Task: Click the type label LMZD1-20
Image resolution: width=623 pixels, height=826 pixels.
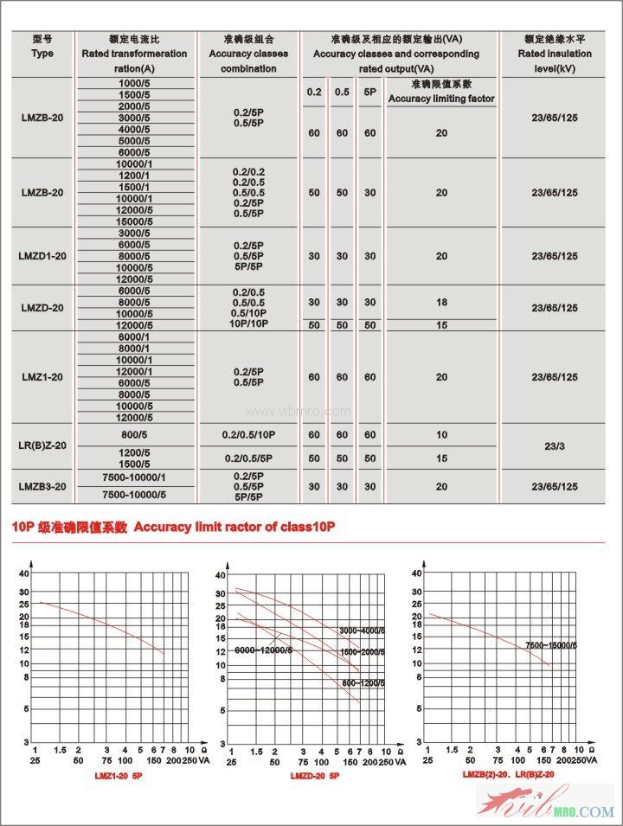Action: [x=42, y=256]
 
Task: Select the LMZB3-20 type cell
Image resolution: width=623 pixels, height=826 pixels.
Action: [x=42, y=487]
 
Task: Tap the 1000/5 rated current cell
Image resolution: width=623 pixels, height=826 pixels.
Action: [x=134, y=83]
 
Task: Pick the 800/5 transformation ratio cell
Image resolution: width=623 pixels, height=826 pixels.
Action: [x=134, y=435]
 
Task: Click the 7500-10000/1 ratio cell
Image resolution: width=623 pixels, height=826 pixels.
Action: [x=134, y=477]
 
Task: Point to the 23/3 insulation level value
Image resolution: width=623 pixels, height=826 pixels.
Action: [x=555, y=446]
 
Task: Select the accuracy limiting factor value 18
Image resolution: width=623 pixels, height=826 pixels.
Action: [x=441, y=303]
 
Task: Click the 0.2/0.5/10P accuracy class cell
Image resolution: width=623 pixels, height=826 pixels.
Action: [x=248, y=435]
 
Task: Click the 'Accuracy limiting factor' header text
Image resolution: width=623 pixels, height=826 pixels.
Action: [x=441, y=99]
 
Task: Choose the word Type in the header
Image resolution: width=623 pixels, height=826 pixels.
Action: [x=42, y=54]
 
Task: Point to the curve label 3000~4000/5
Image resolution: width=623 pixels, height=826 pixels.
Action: [x=362, y=631]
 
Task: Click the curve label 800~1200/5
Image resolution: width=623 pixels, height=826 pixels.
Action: [x=362, y=682]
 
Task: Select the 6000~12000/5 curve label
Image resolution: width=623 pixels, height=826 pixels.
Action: [x=263, y=650]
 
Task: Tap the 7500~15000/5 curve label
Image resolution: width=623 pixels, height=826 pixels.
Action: [x=551, y=645]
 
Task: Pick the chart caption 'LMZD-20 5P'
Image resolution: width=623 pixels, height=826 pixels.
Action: [x=315, y=777]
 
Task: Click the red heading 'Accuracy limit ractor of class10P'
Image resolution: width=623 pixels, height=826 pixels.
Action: [x=234, y=527]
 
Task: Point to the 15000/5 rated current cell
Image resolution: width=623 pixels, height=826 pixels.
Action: [x=134, y=221]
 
